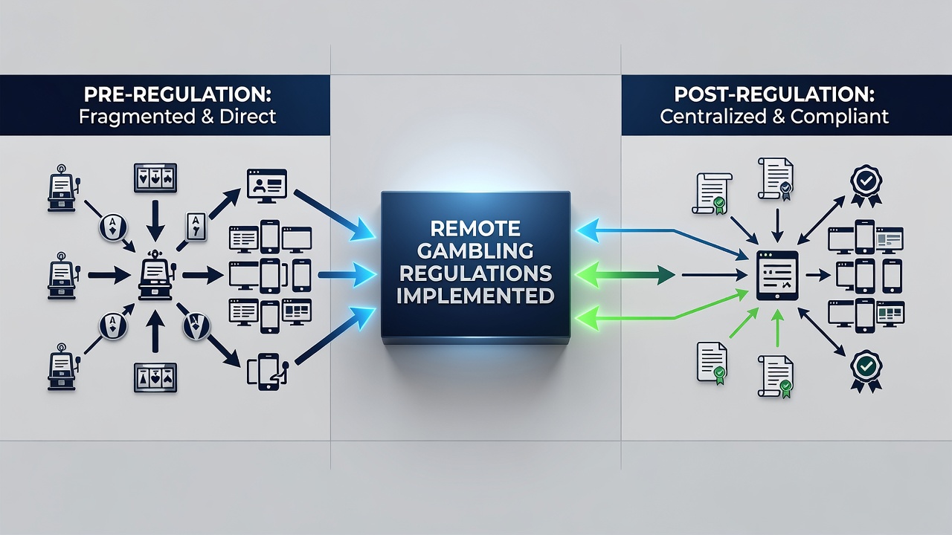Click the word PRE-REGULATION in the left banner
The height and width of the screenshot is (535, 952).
pos(177,95)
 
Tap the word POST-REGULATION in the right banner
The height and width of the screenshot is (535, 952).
pos(774,95)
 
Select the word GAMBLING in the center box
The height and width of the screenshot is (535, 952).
pos(475,251)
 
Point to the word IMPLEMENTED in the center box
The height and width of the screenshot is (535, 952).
pos(475,296)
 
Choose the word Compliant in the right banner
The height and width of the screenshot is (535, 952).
pos(840,117)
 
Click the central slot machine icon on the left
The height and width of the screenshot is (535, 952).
pos(156,276)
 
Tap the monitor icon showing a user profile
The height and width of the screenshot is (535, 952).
pos(267,186)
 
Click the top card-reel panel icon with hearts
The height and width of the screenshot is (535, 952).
pos(155,178)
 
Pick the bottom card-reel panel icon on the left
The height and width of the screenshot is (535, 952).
pos(155,377)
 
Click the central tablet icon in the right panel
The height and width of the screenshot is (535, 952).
pos(777,276)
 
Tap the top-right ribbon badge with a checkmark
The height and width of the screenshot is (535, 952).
pos(866,186)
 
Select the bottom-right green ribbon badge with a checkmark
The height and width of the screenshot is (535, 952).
pos(866,371)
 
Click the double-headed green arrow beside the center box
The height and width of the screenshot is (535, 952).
pos(625,275)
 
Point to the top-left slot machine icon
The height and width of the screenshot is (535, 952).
pos(62,188)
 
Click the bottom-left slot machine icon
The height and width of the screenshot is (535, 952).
pos(62,367)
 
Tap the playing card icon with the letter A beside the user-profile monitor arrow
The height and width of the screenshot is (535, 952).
pos(196,227)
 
